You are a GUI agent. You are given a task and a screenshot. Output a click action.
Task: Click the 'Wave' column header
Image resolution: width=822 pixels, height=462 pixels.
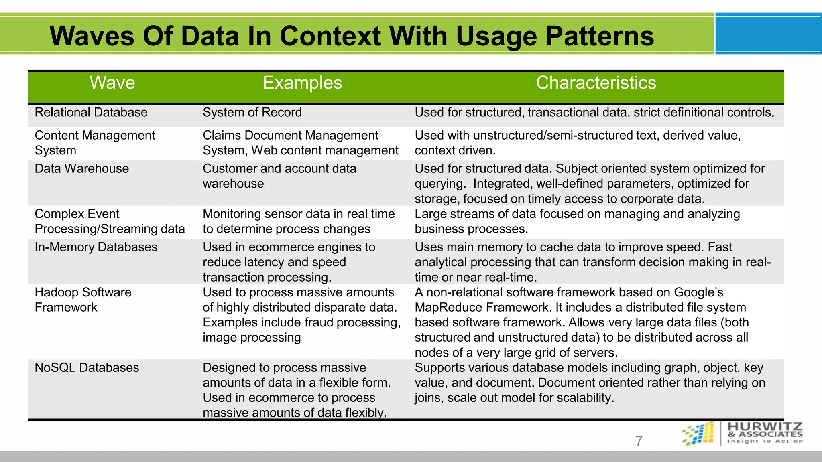(x=112, y=83)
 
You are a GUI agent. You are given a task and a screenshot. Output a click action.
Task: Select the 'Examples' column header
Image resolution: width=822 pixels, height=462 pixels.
(x=302, y=83)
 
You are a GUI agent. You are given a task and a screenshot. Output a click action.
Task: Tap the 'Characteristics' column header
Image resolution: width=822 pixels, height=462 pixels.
(x=596, y=83)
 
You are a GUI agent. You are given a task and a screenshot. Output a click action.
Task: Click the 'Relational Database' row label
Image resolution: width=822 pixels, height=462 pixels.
(x=91, y=112)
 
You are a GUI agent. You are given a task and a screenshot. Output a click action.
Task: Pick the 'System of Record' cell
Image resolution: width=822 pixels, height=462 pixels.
(x=252, y=112)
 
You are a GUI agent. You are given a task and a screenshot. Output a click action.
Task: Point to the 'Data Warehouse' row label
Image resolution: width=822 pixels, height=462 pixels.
(x=82, y=168)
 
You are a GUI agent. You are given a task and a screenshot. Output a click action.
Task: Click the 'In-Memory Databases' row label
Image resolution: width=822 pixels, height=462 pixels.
(x=96, y=247)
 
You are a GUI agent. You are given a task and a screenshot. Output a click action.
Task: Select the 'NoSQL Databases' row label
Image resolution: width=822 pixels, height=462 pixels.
(x=87, y=367)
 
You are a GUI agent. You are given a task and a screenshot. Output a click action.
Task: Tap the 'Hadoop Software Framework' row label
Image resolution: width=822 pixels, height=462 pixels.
(x=83, y=300)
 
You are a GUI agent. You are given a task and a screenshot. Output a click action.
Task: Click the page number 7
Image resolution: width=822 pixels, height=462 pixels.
(x=639, y=441)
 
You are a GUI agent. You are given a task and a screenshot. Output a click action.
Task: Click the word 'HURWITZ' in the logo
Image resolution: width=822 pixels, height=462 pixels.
(x=765, y=426)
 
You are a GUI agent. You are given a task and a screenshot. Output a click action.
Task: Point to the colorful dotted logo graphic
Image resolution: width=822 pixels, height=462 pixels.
(x=698, y=434)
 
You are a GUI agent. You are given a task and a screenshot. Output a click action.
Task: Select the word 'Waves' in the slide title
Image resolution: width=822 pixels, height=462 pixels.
(x=92, y=36)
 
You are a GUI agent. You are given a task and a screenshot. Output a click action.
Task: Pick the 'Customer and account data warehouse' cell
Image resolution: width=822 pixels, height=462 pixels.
(x=279, y=176)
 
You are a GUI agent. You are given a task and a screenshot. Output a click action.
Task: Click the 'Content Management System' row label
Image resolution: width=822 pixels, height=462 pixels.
(x=95, y=143)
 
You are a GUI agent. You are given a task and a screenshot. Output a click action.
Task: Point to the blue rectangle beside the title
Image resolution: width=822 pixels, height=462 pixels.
(x=768, y=34)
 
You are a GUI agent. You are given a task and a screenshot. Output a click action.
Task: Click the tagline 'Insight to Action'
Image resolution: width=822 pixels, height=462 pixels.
(x=765, y=441)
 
